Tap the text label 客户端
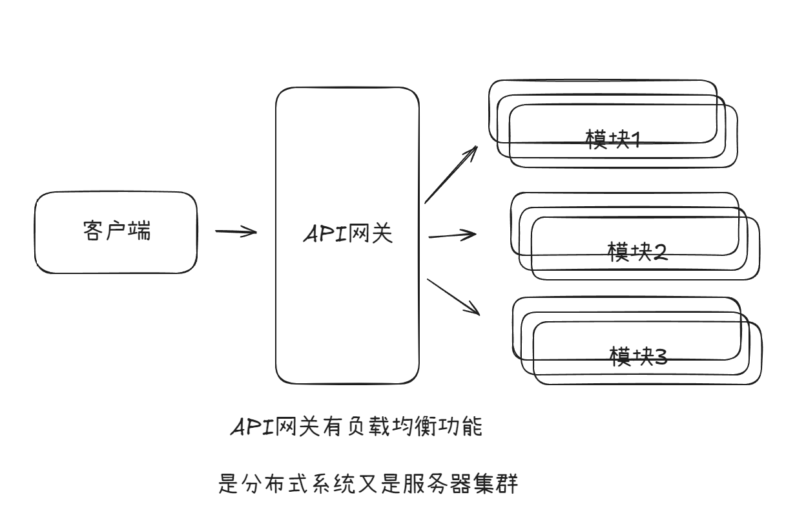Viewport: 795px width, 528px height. click(117, 231)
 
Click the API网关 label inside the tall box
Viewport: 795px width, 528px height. click(347, 235)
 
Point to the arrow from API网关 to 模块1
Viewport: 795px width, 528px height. click(450, 174)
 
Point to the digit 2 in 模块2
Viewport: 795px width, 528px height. click(660, 251)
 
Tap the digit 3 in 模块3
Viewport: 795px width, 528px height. click(660, 355)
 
